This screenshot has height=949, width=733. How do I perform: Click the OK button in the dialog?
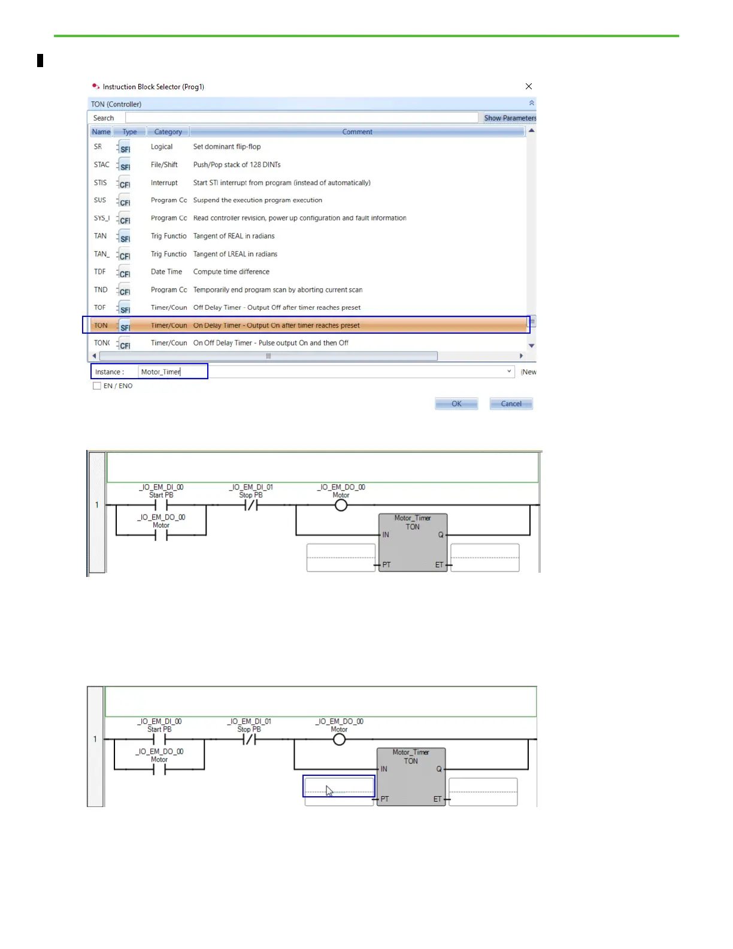456,404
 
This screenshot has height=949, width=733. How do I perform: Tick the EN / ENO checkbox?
97,386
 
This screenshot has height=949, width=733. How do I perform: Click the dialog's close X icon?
529,86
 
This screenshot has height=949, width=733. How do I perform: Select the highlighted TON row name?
101,325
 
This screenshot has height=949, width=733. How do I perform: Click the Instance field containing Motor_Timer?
172,372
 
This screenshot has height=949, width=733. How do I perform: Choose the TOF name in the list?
100,307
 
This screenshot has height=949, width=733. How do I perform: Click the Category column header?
168,132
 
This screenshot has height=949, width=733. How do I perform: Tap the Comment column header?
357,132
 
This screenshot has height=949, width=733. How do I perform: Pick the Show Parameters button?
510,118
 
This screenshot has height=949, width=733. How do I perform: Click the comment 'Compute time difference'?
231,271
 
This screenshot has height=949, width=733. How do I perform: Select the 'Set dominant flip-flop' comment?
227,147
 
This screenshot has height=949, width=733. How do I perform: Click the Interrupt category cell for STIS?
164,183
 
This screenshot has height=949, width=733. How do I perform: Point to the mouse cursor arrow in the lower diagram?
329,790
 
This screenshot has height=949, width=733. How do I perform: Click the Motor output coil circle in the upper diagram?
341,505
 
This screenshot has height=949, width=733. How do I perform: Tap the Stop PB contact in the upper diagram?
251,505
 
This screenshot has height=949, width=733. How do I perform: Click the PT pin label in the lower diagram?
384,799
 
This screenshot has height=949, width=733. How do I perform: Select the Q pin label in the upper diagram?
441,534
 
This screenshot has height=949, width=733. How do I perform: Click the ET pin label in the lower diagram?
437,799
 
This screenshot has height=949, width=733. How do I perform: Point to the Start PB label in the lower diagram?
159,729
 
